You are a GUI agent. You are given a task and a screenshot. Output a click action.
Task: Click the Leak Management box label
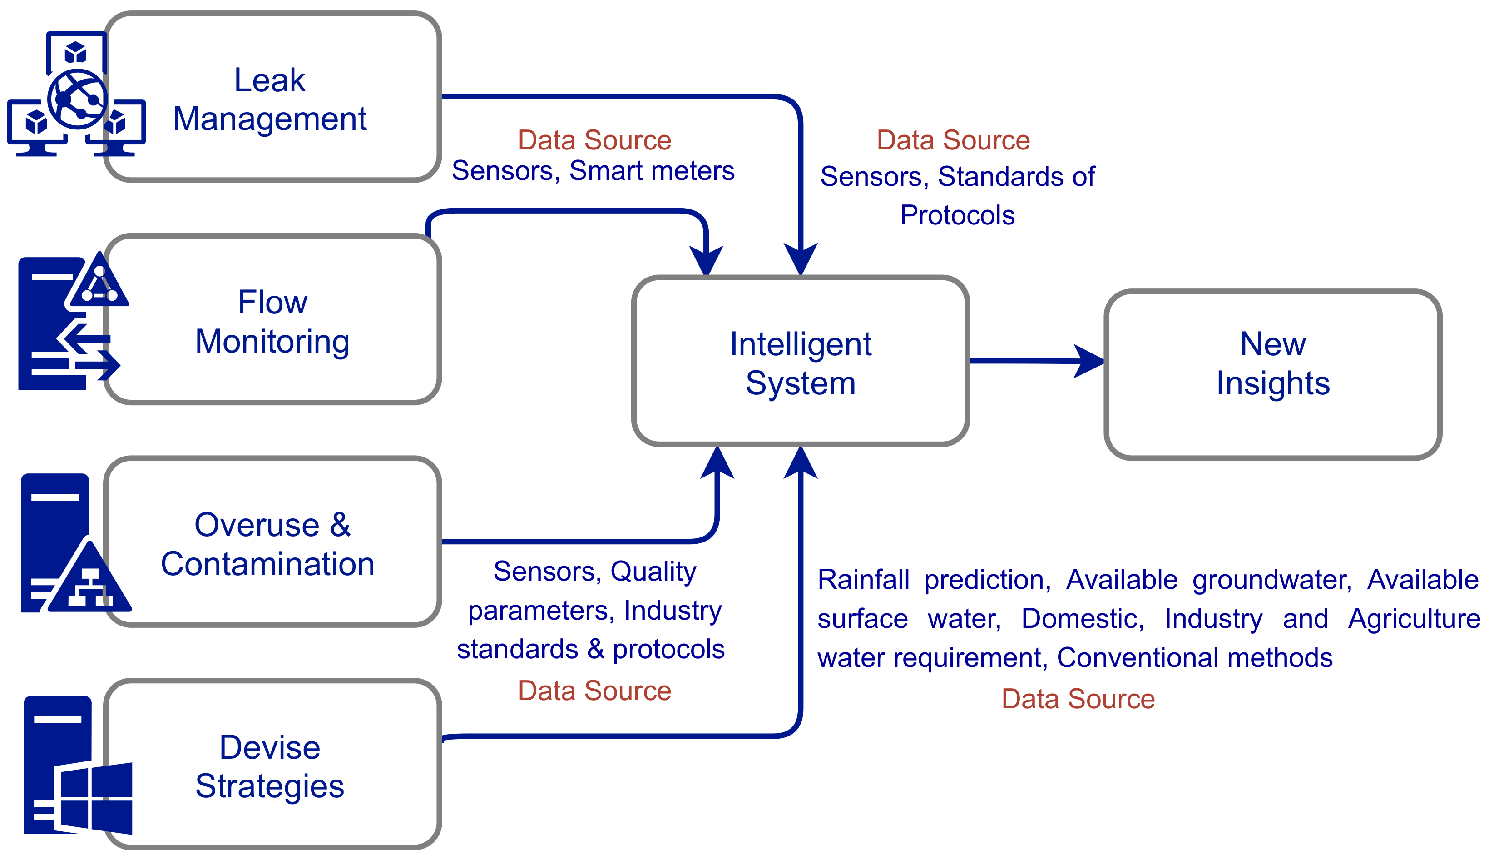(x=270, y=99)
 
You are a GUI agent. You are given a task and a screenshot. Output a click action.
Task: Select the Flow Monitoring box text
(x=272, y=322)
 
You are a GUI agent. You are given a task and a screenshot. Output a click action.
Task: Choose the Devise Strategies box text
(x=270, y=767)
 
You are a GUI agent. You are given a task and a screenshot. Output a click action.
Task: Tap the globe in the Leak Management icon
(x=77, y=99)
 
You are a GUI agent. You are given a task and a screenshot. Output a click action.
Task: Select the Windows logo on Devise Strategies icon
(x=94, y=797)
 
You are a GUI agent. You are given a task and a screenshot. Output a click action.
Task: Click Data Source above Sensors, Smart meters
(x=594, y=140)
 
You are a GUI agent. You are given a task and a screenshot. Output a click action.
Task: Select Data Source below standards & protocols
(x=594, y=691)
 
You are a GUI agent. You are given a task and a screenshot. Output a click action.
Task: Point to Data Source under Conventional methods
(x=1078, y=699)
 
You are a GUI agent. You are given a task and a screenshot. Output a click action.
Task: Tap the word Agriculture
(x=1414, y=618)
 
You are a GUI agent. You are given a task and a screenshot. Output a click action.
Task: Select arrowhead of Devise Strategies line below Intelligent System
(x=800, y=464)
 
